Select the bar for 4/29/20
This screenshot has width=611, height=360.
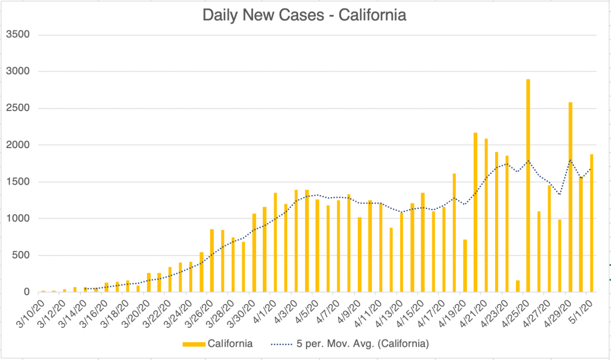[570, 197]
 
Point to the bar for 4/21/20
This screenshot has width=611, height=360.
[486, 215]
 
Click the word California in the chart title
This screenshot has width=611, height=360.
[371, 15]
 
